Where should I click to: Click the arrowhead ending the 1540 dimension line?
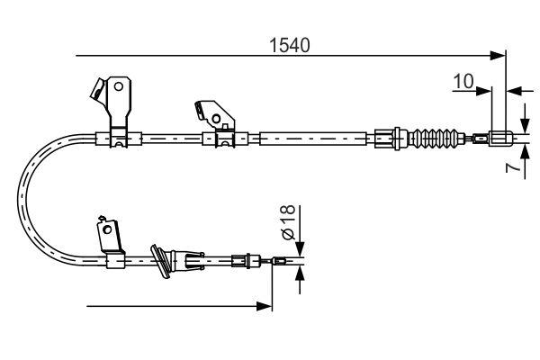pos(499,56)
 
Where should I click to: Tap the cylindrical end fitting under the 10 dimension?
pos(501,139)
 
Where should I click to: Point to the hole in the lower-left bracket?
pos(111,231)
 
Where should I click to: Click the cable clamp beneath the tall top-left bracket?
pos(119,139)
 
